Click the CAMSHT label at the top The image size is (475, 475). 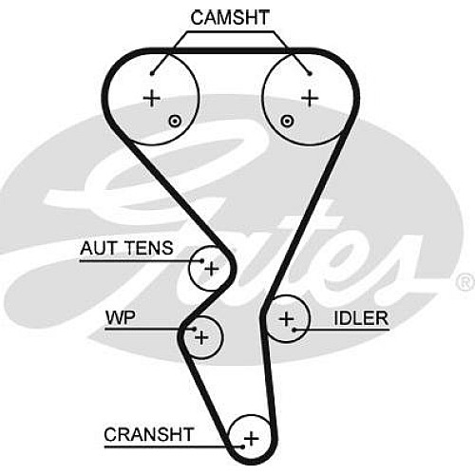[x=230, y=18]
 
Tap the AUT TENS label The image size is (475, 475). [x=126, y=248]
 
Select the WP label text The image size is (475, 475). [x=121, y=317]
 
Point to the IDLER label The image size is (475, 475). [x=361, y=318]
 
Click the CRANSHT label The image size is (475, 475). [x=148, y=434]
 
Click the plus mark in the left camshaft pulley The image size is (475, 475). [x=152, y=98]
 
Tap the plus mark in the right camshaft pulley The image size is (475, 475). [x=310, y=98]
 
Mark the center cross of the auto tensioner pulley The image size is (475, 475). [x=212, y=270]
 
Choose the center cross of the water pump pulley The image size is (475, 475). [x=201, y=337]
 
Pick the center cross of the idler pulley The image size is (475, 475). [x=287, y=319]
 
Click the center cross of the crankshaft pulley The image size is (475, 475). [x=251, y=439]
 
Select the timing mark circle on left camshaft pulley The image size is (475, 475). [x=175, y=122]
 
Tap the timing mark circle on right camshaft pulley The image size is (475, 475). [x=287, y=121]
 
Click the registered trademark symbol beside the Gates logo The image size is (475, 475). [x=465, y=282]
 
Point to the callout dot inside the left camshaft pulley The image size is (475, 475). [x=152, y=74]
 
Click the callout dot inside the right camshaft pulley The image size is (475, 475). [x=310, y=74]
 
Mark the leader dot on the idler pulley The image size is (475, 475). [x=294, y=330]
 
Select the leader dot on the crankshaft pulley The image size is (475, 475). [x=242, y=446]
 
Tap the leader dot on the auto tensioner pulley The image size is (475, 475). [x=202, y=261]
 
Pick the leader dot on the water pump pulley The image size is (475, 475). [x=195, y=330]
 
